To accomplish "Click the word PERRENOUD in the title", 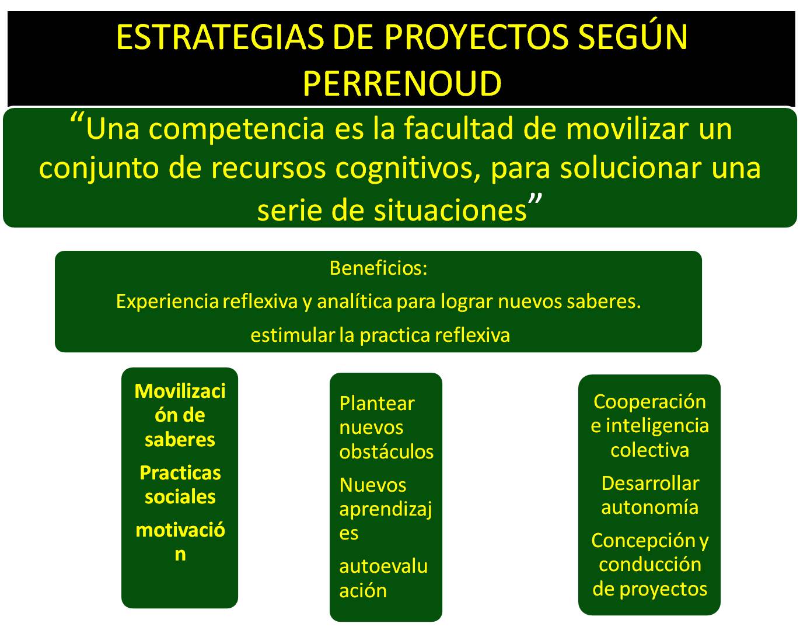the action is pos(402,83).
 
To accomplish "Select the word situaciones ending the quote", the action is pos(450,211).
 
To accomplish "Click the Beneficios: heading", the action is pos(379,268).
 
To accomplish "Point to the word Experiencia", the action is pos(167,302).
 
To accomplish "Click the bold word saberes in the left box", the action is pos(180,440).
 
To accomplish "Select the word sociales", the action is pos(180,497).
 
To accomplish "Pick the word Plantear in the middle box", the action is pos(377,403).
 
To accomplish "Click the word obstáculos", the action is pos(386,452).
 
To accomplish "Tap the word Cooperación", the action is pos(650,401).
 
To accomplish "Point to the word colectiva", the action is pos(650,450).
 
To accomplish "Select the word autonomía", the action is pos(650,507).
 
